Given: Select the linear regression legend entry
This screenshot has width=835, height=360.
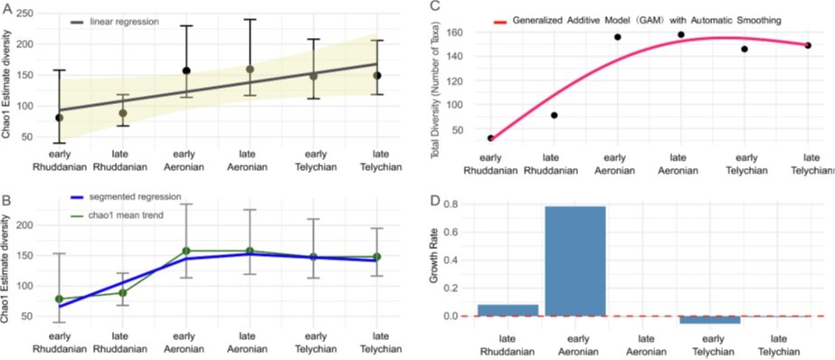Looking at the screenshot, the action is pos(115,22).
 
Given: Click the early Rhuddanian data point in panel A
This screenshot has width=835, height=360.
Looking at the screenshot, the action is pos(59,118).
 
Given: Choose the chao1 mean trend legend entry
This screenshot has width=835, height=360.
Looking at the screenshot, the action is pos(119,214).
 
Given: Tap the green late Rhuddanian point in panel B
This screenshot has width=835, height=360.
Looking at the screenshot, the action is pos(122,292).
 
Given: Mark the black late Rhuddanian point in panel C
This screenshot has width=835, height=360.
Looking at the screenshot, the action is pos(554,115).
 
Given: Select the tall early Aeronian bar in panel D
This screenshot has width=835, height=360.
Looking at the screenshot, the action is pos(575,261).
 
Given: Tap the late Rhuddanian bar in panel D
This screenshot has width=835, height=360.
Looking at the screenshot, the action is pos(508,310).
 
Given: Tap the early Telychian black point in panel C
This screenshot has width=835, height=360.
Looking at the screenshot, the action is pos(745,49).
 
